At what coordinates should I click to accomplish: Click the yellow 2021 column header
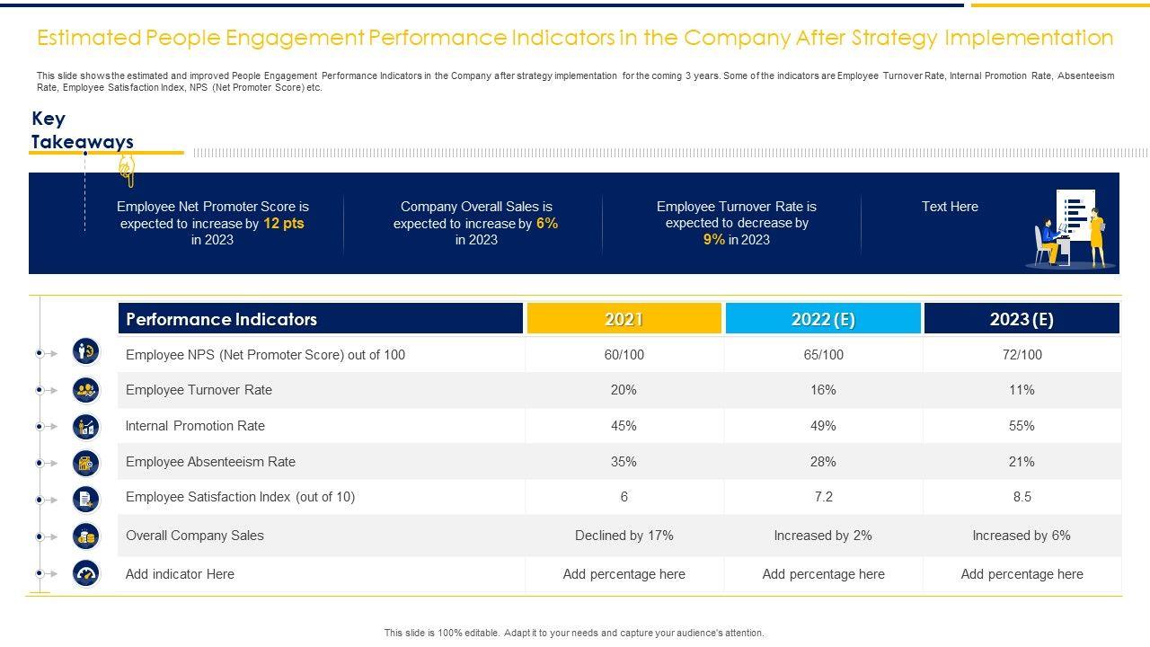pyautogui.click(x=624, y=319)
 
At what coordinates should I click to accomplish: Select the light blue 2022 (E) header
pyautogui.click(x=823, y=319)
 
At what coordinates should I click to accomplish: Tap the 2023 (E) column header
pyautogui.click(x=1022, y=319)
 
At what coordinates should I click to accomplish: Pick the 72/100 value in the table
pyautogui.click(x=1022, y=355)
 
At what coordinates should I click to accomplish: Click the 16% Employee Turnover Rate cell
pyautogui.click(x=823, y=390)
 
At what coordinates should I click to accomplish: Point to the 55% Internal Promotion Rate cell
pyautogui.click(x=1022, y=426)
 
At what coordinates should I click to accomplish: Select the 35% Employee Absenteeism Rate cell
pyautogui.click(x=624, y=462)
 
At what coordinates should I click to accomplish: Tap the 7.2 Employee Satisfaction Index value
pyautogui.click(x=823, y=497)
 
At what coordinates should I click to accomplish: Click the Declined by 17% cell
pyautogui.click(x=624, y=536)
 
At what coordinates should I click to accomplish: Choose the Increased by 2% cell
pyautogui.click(x=823, y=536)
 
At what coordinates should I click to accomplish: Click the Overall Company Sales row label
pyautogui.click(x=195, y=536)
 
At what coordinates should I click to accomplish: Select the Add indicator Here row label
pyautogui.click(x=180, y=574)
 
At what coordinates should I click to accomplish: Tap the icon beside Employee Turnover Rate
pyautogui.click(x=86, y=390)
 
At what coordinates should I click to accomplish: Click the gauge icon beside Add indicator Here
pyautogui.click(x=86, y=574)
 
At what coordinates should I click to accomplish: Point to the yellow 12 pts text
pyautogui.click(x=284, y=224)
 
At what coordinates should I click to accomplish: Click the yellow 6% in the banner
pyautogui.click(x=547, y=224)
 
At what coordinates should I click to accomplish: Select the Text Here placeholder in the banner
pyautogui.click(x=950, y=207)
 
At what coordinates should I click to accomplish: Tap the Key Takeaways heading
pyautogui.click(x=82, y=130)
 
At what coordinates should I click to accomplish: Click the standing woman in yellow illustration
pyautogui.click(x=1097, y=237)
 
